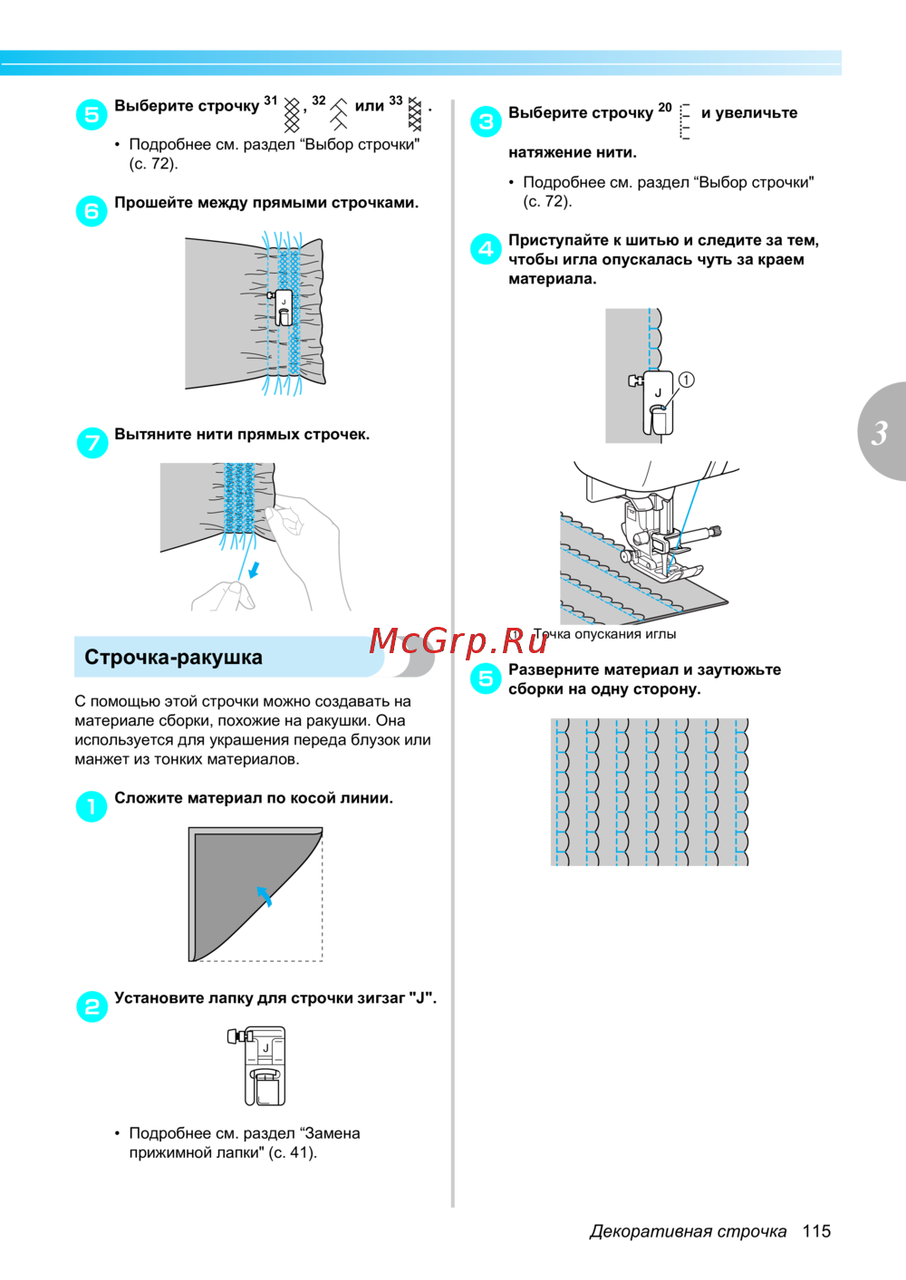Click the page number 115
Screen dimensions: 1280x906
point(816,1231)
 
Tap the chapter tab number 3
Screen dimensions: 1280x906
point(879,433)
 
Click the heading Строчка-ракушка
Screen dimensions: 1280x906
point(173,658)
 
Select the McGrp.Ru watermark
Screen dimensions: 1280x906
point(458,641)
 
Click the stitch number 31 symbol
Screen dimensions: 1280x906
point(293,115)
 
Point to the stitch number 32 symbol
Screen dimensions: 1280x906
point(339,114)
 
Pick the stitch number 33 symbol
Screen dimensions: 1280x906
point(415,114)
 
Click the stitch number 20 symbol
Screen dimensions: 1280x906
point(685,121)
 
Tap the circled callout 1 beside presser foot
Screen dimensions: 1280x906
point(687,380)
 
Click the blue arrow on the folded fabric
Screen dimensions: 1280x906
point(264,896)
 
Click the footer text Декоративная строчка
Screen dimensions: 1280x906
point(688,1231)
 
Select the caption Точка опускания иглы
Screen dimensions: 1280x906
point(604,634)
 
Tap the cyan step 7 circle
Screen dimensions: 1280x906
point(92,442)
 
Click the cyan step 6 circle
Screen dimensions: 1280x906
point(92,211)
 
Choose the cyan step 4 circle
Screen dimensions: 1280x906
point(486,248)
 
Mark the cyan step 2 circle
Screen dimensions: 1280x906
point(92,1006)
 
